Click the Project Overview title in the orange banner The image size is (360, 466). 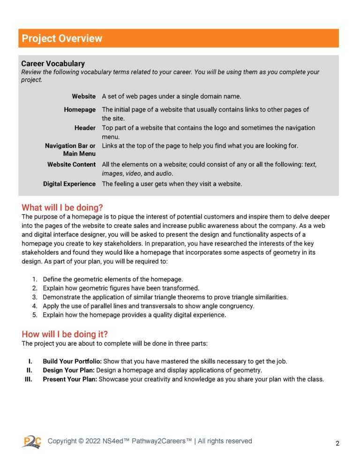tap(62, 38)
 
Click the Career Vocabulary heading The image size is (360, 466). tap(53, 63)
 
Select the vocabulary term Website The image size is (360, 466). tap(83, 96)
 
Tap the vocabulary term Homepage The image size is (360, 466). tap(80, 109)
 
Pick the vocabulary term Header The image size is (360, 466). tap(85, 128)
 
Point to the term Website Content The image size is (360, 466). tap(71, 165)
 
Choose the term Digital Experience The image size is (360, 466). tap(69, 184)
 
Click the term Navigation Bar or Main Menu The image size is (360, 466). tap(70, 150)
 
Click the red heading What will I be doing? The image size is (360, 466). tap(62, 207)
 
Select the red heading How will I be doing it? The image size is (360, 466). tap(65, 334)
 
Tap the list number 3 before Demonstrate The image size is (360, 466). tap(35, 297)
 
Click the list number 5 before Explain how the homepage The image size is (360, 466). tap(35, 315)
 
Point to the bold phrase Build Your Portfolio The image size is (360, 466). tap(72, 361)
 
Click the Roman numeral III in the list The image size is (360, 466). tap(28, 379)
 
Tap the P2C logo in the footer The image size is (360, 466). tap(31, 441)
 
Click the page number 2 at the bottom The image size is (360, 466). tap(337, 443)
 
